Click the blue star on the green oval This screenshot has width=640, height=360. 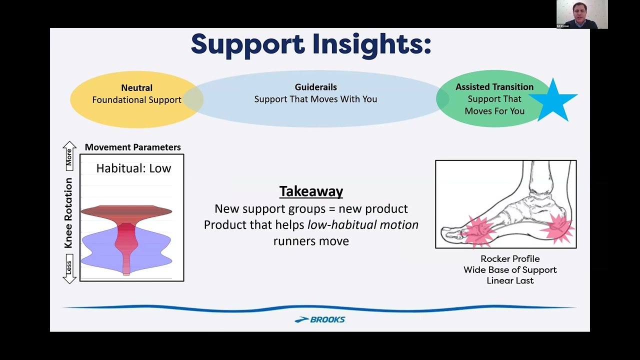[553, 101]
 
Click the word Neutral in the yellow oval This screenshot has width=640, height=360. [136, 87]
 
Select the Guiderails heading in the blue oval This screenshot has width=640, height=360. [315, 87]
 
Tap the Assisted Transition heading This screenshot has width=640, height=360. [494, 86]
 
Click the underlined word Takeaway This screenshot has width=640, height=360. [311, 191]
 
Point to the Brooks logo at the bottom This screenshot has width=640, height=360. [319, 319]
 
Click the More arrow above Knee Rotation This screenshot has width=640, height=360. [69, 156]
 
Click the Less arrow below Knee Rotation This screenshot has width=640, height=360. [69, 268]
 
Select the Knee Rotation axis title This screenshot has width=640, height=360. [68, 213]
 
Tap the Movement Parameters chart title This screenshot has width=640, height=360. [133, 147]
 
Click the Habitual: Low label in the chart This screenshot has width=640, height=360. [133, 168]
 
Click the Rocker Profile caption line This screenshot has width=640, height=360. [510, 259]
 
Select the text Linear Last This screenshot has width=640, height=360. [510, 280]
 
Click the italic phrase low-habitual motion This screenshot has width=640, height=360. [363, 225]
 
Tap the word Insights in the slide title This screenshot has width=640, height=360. [371, 44]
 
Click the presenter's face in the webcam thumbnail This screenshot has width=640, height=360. [579, 11]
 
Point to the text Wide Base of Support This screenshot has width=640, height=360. [510, 269]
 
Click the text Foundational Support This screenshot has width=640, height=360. [136, 100]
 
